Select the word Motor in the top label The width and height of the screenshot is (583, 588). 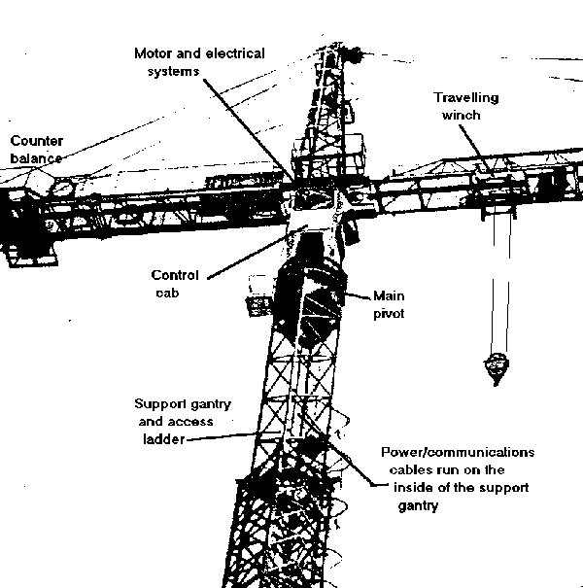click(154, 52)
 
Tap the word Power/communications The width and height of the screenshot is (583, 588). click(459, 453)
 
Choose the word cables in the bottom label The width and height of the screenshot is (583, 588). click(407, 470)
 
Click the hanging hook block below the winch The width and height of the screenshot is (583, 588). click(495, 367)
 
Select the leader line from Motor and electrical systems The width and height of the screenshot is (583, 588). click(243, 117)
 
